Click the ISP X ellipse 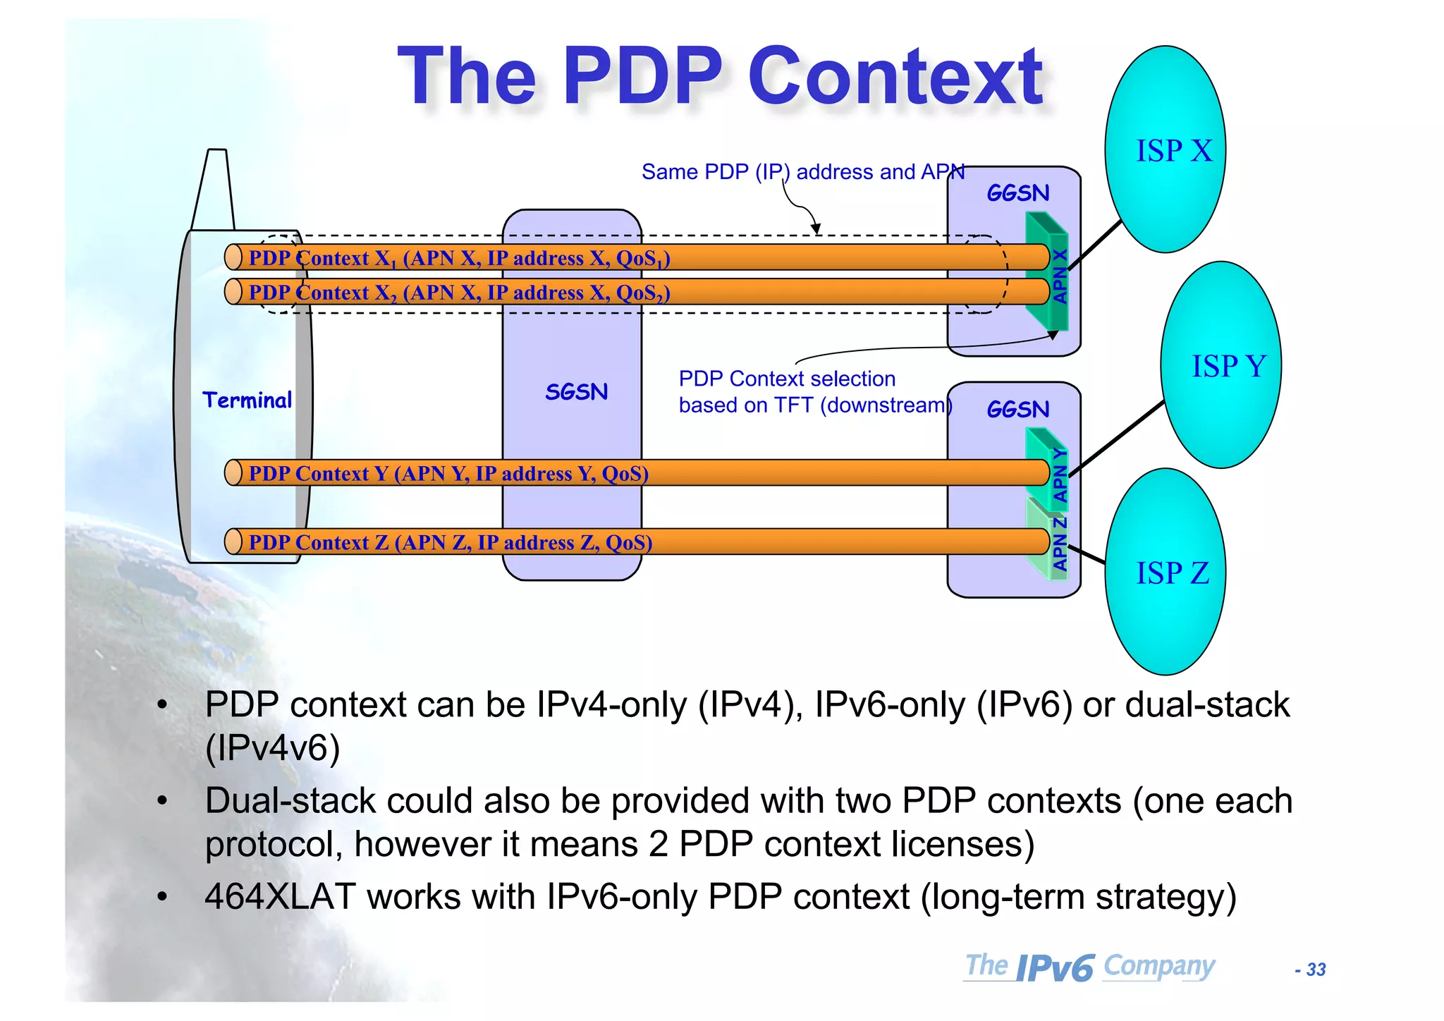[1165, 149]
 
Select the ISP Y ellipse [1221, 365]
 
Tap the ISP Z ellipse [1165, 572]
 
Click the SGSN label [576, 392]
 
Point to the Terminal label [247, 401]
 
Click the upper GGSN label [1017, 193]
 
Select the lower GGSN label [1017, 410]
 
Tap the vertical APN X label [1060, 276]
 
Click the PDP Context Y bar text [448, 473]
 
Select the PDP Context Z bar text [450, 542]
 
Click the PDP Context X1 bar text [458, 258]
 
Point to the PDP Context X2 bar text [458, 293]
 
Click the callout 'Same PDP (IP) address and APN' [802, 172]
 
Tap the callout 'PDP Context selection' [787, 379]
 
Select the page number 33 [1316, 970]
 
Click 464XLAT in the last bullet [279, 897]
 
